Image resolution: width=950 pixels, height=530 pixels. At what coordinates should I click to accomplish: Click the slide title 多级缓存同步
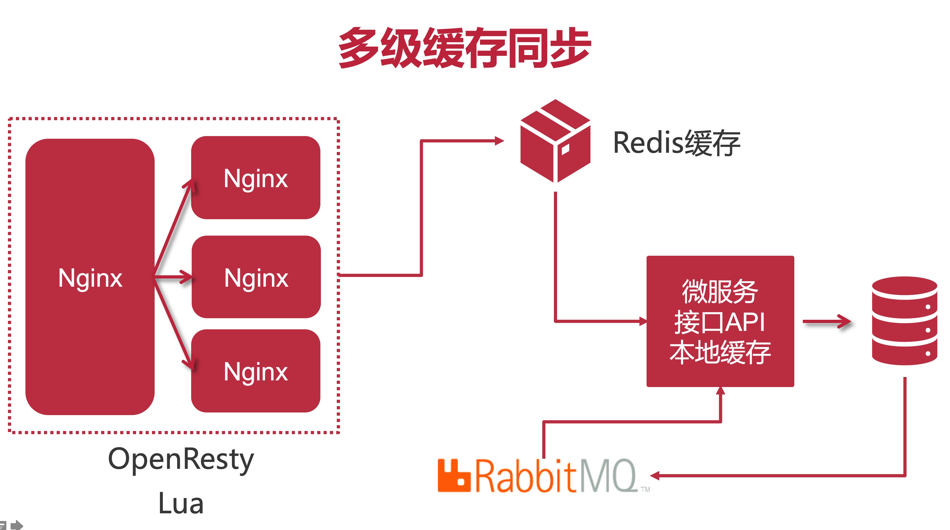(x=465, y=48)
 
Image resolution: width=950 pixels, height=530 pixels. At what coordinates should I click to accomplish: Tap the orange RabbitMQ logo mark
(x=454, y=475)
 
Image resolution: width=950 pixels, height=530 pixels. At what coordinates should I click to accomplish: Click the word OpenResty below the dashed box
(x=181, y=459)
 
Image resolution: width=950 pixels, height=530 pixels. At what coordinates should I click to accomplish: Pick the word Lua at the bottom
(x=181, y=504)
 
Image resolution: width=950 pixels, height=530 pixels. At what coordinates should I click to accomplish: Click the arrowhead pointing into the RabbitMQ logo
(x=654, y=476)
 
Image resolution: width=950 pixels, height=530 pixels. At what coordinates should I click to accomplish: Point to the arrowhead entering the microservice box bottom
(x=720, y=391)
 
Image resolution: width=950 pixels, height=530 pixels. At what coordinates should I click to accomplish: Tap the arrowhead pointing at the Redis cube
(x=499, y=141)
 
